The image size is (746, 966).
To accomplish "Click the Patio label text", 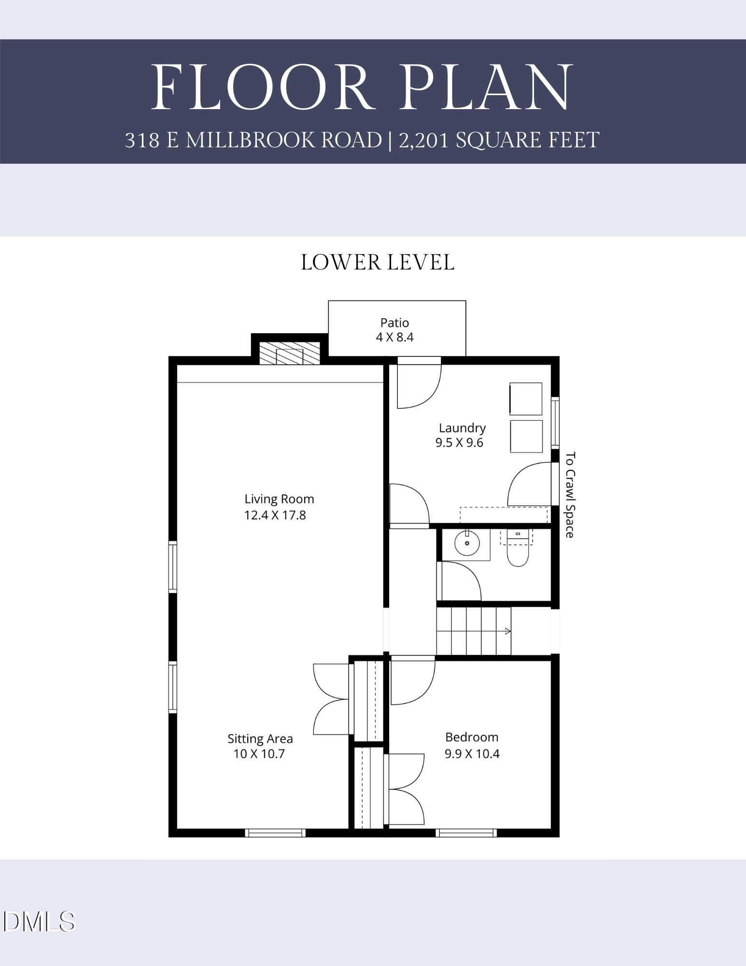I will point(394,323).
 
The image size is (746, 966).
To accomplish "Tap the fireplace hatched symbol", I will point(290,354).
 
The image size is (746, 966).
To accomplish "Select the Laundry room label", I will point(462,428).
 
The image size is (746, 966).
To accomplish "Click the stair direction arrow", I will point(507,631).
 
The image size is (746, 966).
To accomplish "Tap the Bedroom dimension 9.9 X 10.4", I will point(472,753).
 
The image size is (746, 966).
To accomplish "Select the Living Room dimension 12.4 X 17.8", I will point(275,515).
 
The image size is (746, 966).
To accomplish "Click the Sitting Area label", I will point(260,739).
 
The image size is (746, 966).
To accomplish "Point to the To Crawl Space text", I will point(570,495).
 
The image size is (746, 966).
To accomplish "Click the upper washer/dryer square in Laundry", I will point(526,398).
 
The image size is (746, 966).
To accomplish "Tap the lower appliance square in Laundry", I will point(526,436).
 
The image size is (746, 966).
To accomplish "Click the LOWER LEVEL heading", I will point(377,263).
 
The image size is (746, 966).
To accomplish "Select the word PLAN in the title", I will point(485,87).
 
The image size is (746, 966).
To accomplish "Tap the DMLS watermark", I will point(40,921).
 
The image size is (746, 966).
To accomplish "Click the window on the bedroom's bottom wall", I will point(466,833).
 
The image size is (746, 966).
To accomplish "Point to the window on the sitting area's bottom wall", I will point(275,833).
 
